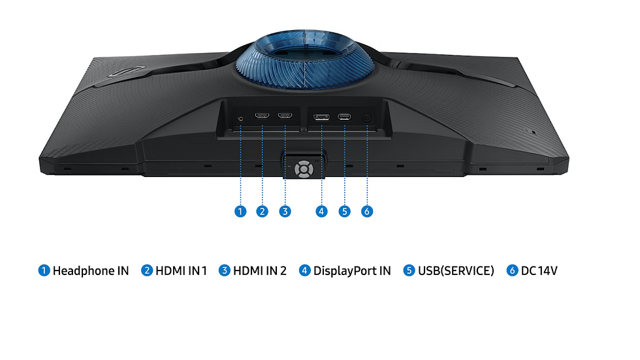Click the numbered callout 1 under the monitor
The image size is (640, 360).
point(241,212)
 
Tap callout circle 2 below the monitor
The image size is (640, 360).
point(263,212)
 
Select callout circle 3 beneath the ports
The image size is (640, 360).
point(285,212)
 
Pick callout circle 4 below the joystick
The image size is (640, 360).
point(321,212)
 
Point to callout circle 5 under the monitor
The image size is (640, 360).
point(345,212)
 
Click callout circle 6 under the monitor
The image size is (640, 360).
point(367,212)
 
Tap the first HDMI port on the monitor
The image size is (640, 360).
point(263,117)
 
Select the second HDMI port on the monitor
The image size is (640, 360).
point(285,117)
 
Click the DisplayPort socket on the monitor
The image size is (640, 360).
point(321,118)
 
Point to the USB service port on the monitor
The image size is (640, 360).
point(344,118)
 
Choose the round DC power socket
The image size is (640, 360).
point(366,118)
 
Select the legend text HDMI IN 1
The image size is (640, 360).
point(181,270)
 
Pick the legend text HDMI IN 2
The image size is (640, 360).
point(260,270)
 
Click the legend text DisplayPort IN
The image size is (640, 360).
point(352,270)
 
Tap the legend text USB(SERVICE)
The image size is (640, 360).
point(456,270)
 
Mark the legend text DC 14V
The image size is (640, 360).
point(539,270)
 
